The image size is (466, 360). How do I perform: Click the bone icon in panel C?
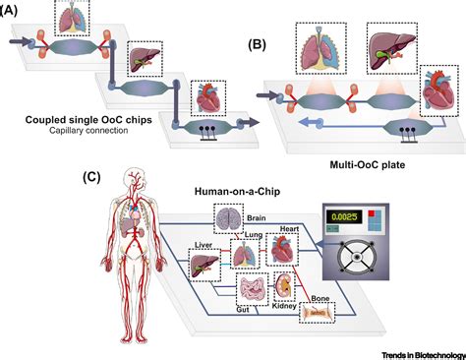pyautogui.click(x=317, y=313)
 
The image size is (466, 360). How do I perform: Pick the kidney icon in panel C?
pyautogui.click(x=284, y=287)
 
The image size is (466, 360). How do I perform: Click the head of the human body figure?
pyautogui.click(x=132, y=180)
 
